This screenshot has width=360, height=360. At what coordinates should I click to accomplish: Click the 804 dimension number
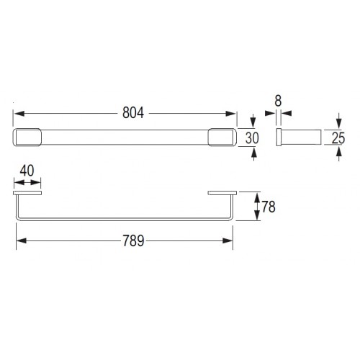(x=133, y=112)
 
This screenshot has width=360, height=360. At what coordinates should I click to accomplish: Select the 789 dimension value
(x=133, y=240)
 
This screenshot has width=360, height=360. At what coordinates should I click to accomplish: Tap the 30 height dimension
(x=252, y=138)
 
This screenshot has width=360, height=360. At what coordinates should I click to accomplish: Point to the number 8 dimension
(x=278, y=101)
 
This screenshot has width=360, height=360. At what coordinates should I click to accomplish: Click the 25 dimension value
(x=338, y=138)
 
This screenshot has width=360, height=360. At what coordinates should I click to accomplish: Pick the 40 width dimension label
(x=27, y=171)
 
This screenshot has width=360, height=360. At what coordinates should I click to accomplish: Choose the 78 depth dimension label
(x=269, y=207)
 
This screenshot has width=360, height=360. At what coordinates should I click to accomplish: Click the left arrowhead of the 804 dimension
(x=19, y=113)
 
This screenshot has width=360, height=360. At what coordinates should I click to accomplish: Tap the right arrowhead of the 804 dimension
(x=231, y=113)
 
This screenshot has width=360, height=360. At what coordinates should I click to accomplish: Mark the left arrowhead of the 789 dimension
(x=22, y=240)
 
